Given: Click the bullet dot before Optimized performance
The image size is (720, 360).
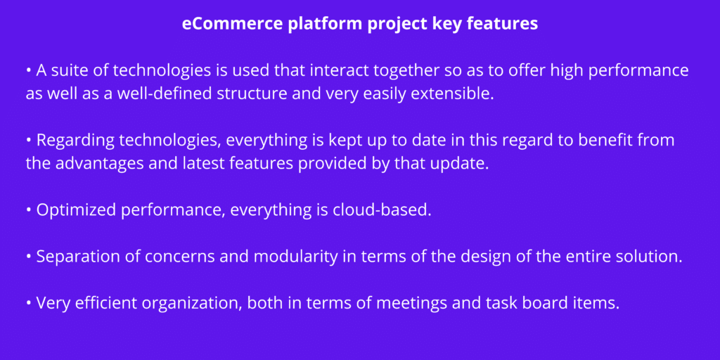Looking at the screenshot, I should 29,210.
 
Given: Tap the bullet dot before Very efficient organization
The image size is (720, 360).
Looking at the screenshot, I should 29,303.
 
